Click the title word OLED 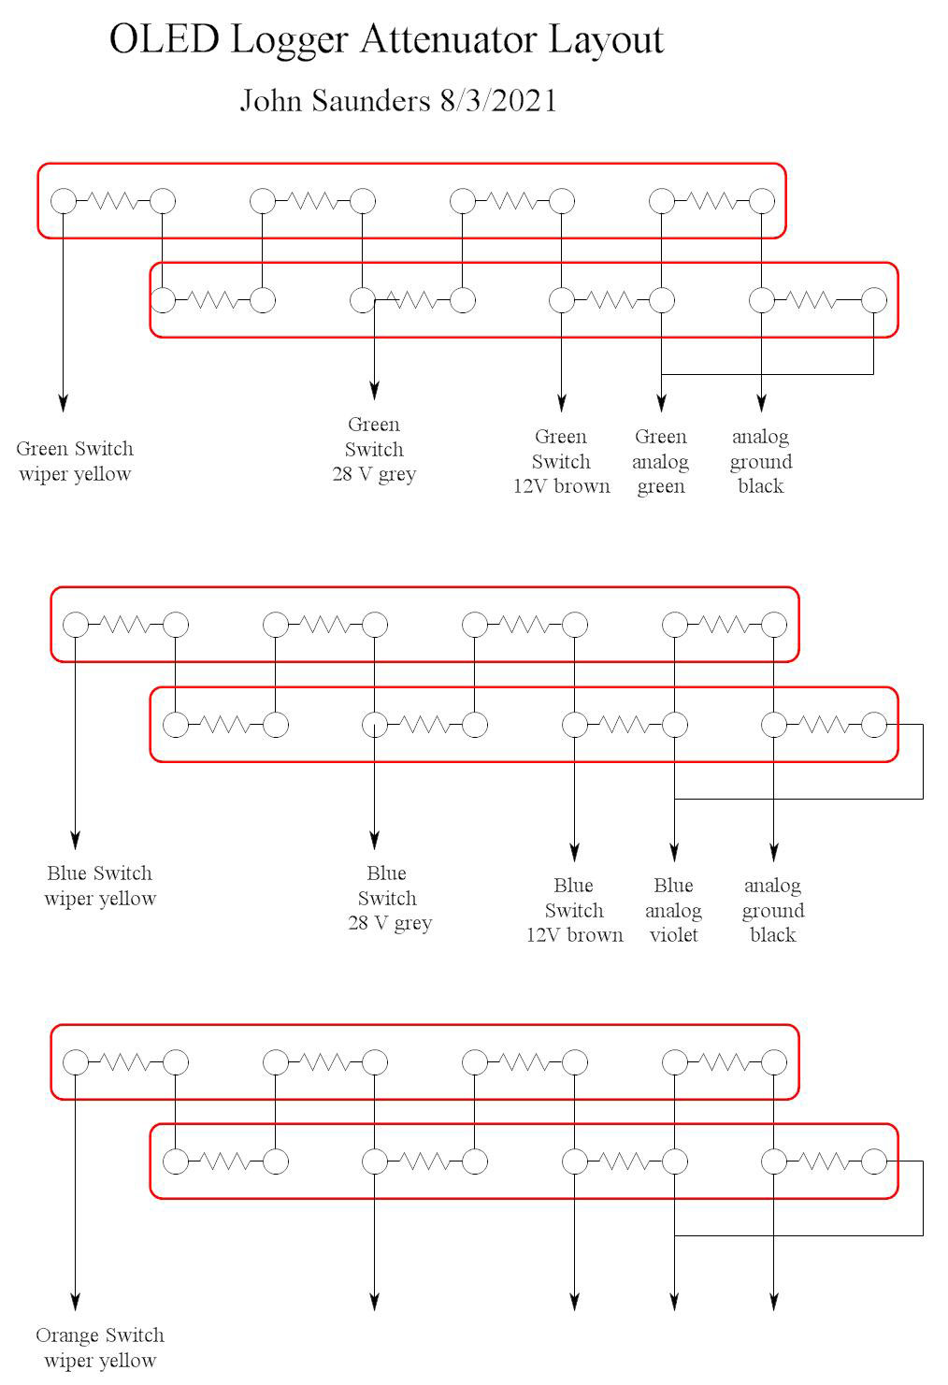pos(165,40)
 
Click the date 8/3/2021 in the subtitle pos(497,100)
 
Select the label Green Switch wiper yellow pos(75,461)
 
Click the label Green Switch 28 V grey pos(374,449)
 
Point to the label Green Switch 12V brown pos(561,461)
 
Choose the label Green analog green pos(661,461)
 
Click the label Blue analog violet pos(673,910)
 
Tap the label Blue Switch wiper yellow pos(99,886)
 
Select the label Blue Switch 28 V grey pos(387,898)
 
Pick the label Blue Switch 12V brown pos(574,910)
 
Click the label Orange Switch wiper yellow pos(99,1348)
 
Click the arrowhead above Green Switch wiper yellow pos(63,403)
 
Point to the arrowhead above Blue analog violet pos(673,852)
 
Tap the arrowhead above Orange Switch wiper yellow pos(75,1301)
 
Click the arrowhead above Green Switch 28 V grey pos(374,390)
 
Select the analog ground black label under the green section pos(761,461)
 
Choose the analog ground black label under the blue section pos(773,910)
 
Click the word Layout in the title pos(606,40)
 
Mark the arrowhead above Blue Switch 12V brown pos(574,852)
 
